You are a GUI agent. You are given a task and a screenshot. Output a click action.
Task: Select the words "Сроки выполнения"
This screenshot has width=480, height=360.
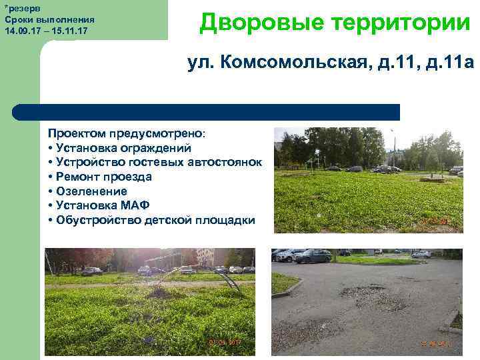pos(49,20)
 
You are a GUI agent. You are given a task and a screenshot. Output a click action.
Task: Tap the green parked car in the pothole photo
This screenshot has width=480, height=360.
pos(313,256)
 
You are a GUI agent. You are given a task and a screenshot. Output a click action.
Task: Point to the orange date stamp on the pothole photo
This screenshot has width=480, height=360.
pos(436,343)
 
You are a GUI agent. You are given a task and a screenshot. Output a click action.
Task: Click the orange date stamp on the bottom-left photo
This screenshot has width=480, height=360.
pos(225,342)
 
